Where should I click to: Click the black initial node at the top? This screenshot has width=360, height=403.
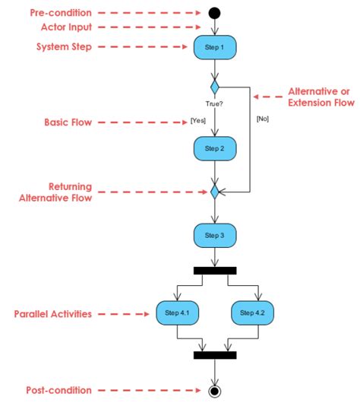tap(215, 13)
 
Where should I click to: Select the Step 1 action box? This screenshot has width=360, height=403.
tap(215, 47)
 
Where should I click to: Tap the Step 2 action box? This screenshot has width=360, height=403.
tap(215, 148)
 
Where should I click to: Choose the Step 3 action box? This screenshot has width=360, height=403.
tap(215, 236)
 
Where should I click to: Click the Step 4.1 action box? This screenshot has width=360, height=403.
tap(176, 313)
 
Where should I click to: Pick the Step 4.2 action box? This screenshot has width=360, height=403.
tap(254, 313)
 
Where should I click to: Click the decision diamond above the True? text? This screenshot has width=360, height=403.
tap(215, 86)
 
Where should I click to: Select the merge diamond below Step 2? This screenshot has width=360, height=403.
tap(215, 192)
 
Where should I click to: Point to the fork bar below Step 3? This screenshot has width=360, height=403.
tap(215, 270)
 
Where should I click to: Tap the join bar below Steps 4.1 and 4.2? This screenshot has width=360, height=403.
tap(215, 354)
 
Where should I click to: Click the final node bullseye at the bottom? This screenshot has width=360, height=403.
tap(215, 391)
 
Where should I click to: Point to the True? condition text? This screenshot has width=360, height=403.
tap(215, 102)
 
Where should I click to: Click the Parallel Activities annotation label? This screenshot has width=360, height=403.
tap(54, 313)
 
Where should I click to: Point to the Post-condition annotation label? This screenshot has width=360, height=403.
tap(58, 390)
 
